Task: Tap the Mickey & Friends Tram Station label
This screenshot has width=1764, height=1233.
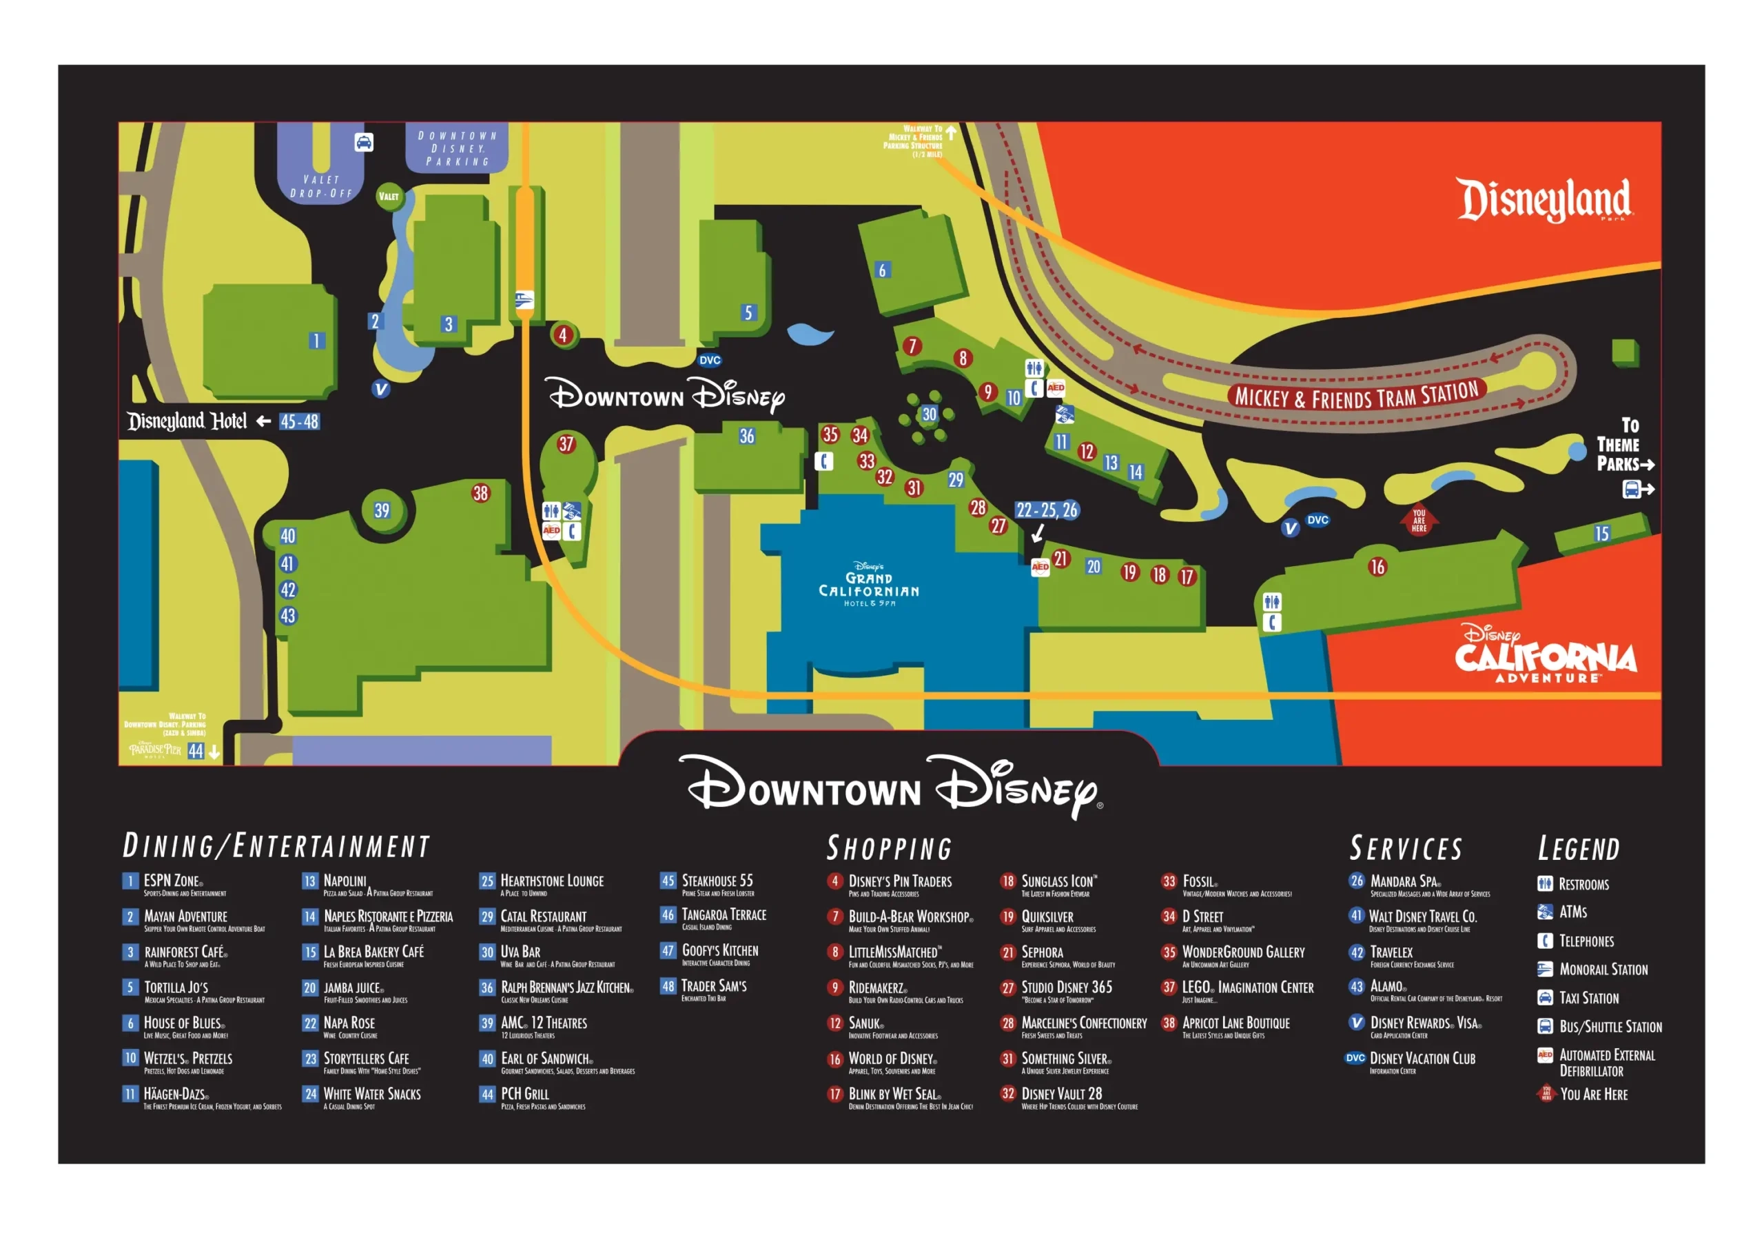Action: coord(1356,395)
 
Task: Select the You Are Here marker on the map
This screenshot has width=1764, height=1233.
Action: coord(1418,521)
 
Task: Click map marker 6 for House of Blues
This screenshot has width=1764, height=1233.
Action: coord(882,270)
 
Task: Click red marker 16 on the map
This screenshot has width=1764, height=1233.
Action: coord(1377,568)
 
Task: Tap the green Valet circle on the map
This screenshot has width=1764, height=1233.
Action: coord(389,196)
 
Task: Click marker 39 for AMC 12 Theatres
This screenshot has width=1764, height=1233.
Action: coord(382,510)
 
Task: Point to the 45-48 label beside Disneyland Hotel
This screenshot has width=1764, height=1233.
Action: coord(299,421)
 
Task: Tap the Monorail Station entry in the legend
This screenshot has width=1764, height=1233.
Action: coord(1602,970)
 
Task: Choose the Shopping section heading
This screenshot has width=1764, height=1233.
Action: coord(889,848)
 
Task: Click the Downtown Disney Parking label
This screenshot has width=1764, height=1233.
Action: coord(457,148)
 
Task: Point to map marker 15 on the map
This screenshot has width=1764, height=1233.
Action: coord(1601,534)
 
